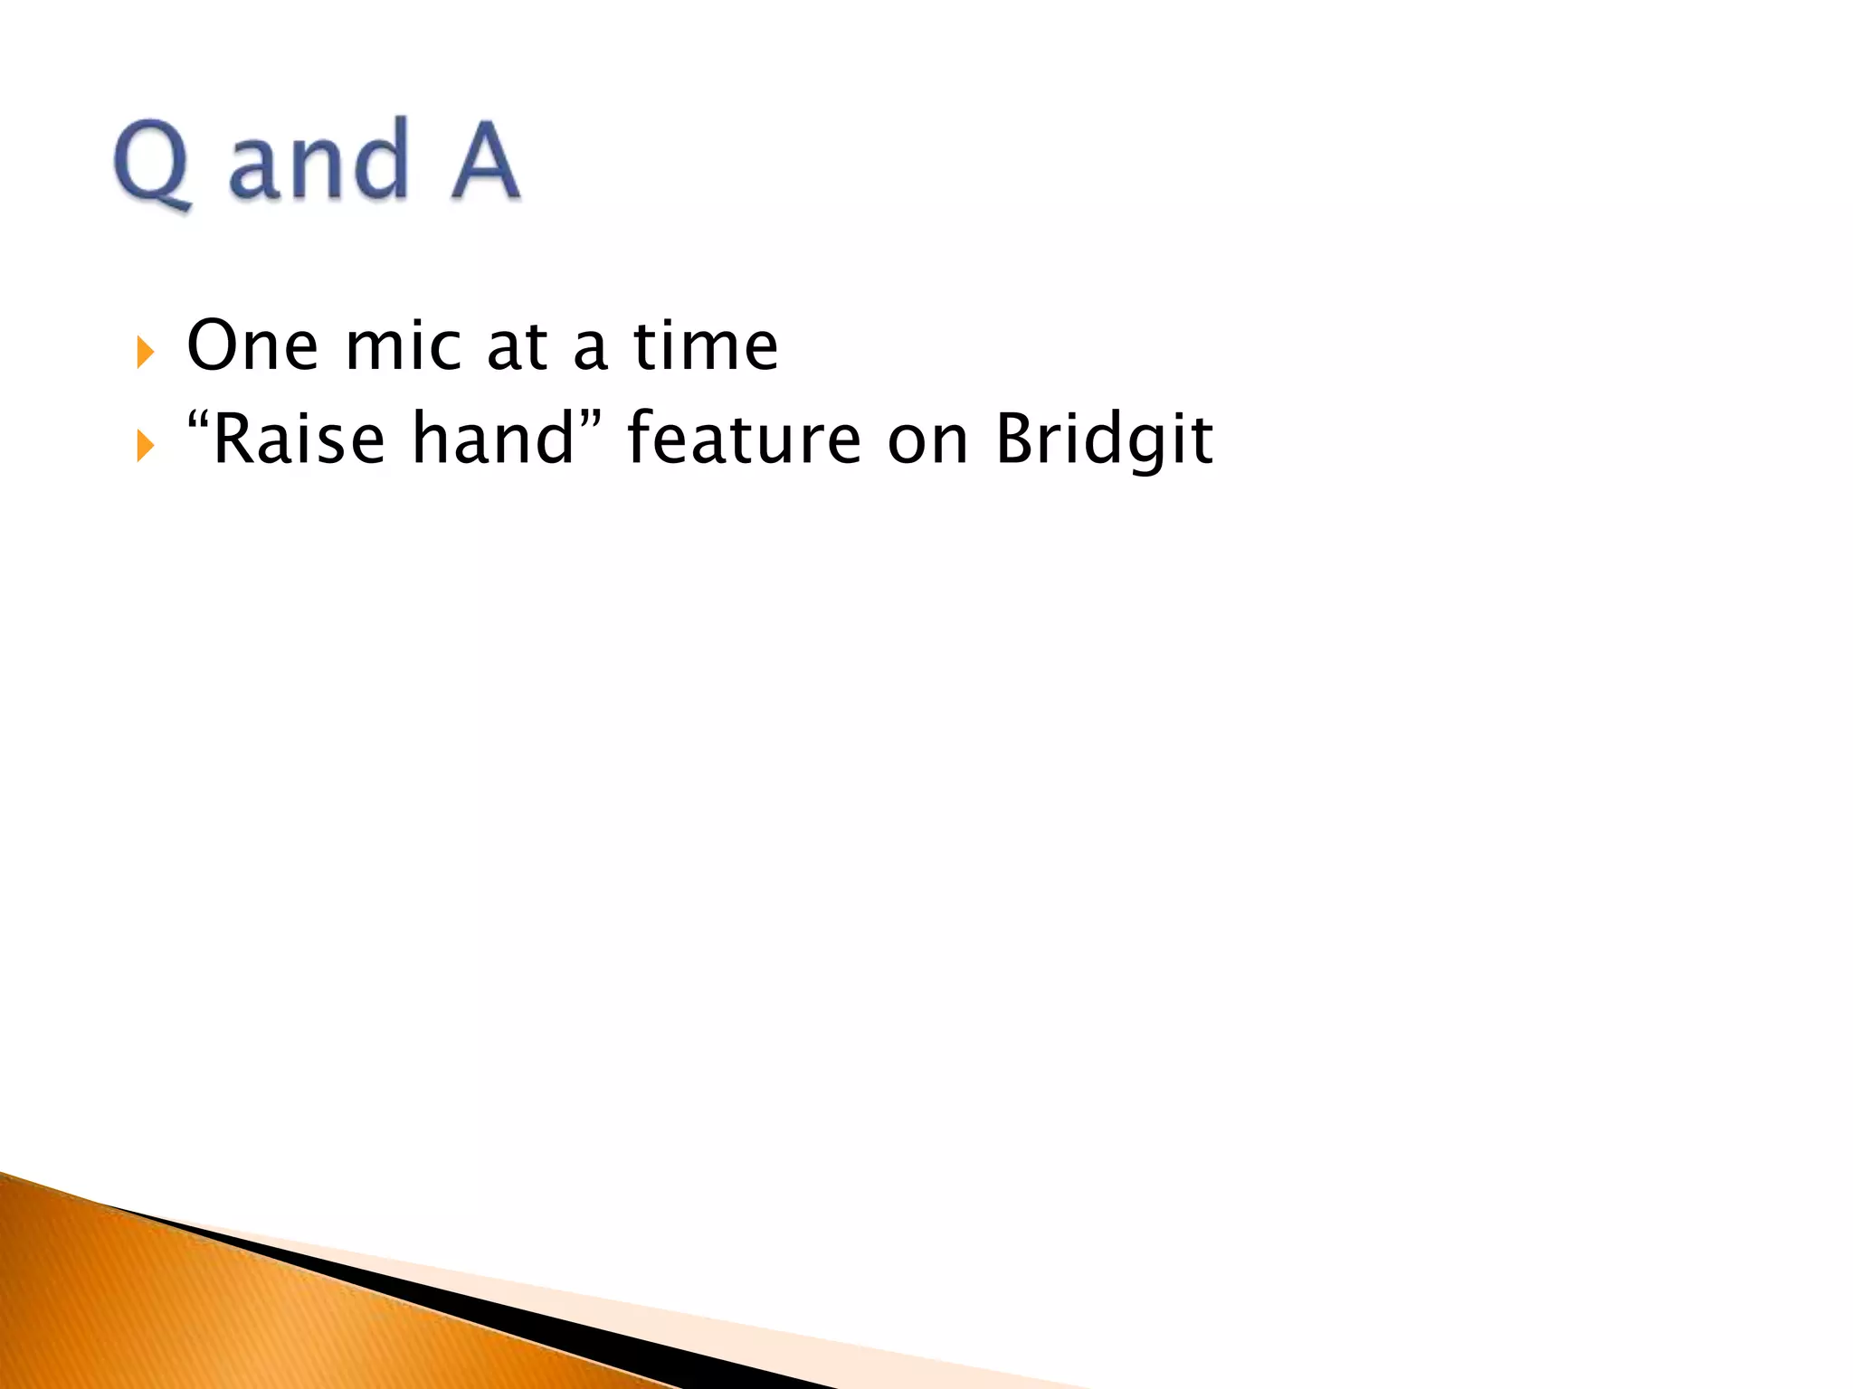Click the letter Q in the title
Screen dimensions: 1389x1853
coord(152,163)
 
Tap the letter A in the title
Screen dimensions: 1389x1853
coord(485,161)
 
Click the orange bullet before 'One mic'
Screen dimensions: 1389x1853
coord(145,352)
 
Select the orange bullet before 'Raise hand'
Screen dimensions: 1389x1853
coord(145,445)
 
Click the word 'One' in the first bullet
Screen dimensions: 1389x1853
coord(252,345)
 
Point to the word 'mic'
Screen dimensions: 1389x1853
coord(403,345)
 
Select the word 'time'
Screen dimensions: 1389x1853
coord(706,345)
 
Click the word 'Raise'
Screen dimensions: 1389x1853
coord(299,439)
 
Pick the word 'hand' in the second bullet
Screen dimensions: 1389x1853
coord(493,439)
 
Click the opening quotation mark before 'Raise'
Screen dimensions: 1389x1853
coord(198,422)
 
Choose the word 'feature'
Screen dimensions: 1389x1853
coord(744,439)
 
